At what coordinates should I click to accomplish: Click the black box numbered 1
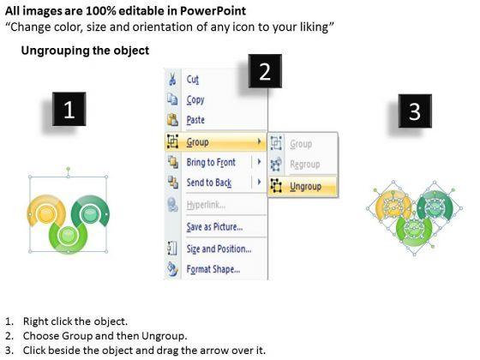69,109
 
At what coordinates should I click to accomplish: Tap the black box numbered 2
265,71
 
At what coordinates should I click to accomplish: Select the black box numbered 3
415,111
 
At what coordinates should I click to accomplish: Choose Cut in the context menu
193,80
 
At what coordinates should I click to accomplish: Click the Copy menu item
195,100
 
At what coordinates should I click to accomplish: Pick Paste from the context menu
195,120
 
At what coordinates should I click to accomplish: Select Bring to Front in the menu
211,162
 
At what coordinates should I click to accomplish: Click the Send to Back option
209,183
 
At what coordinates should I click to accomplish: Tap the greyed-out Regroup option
305,165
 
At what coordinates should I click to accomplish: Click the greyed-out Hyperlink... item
206,205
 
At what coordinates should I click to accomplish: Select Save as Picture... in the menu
214,227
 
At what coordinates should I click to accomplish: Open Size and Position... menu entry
219,249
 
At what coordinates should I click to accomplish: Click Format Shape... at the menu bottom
213,269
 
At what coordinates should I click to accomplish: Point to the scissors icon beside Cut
172,79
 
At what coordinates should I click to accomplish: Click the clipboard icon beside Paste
172,119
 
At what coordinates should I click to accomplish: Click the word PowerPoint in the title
213,11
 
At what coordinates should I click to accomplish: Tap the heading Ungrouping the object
85,51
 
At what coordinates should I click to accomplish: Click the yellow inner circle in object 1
46,213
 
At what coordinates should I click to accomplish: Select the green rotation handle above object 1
69,169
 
